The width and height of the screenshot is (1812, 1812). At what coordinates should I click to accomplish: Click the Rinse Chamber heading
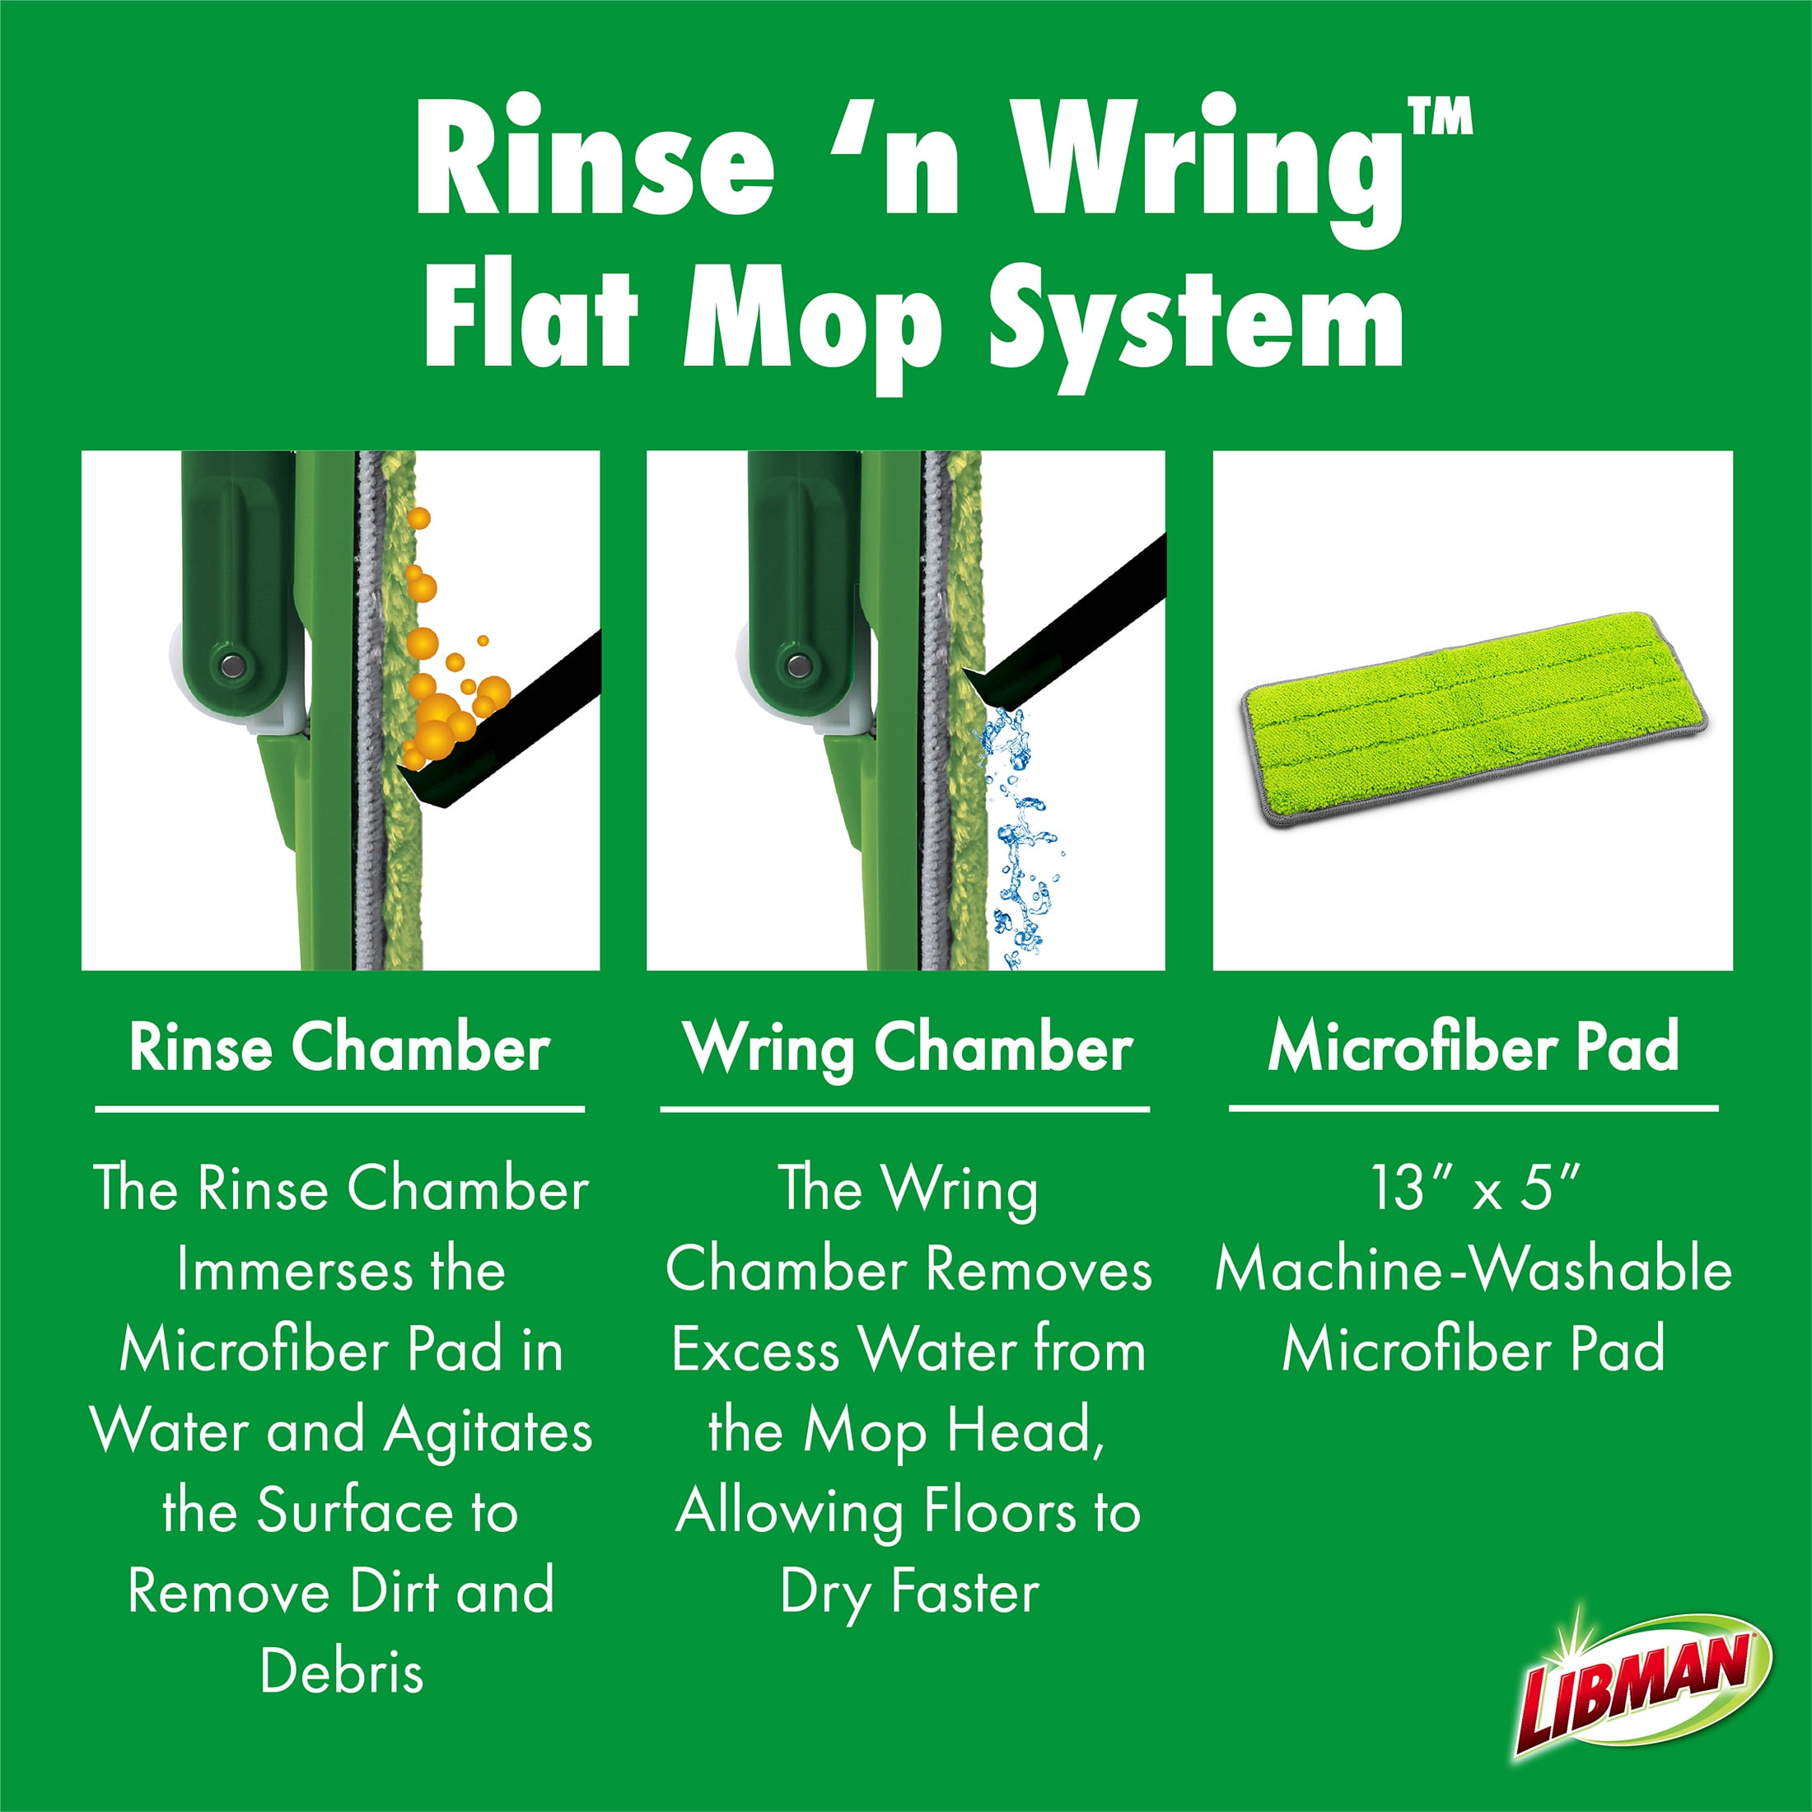339,1047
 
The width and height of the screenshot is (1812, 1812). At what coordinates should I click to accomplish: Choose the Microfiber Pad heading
1473,1047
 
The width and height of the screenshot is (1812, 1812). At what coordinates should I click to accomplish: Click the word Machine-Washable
1473,1270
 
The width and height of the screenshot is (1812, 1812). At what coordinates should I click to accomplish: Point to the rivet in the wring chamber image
798,665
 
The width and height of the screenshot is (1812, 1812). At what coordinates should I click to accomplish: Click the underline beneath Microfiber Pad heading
1473,1109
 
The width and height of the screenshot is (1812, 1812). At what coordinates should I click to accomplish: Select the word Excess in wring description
755,1352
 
